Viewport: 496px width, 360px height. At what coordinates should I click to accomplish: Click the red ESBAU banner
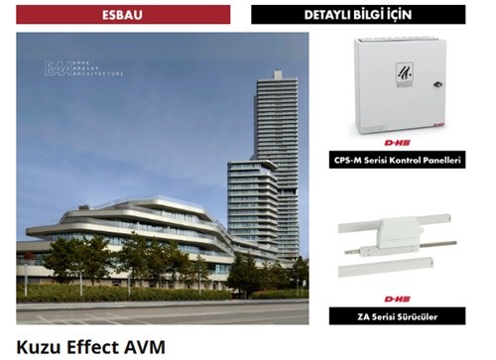(x=123, y=14)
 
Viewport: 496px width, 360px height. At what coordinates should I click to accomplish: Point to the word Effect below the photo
(x=93, y=346)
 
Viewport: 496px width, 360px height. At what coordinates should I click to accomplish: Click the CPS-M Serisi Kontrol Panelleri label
(x=397, y=160)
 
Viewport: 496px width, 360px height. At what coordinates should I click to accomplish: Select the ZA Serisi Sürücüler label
(x=397, y=316)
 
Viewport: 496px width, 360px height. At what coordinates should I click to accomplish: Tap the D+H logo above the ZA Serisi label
(x=398, y=299)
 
